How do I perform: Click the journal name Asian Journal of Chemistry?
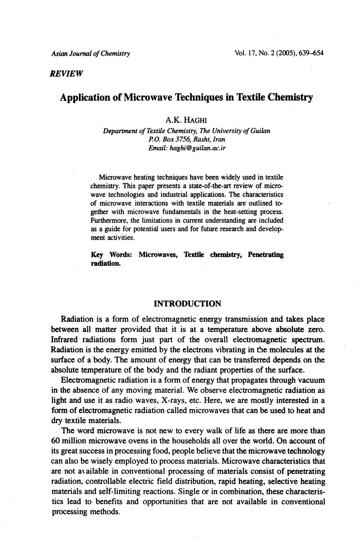pos(90,53)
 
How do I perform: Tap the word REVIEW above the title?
pos(67,74)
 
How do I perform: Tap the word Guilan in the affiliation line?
pos(259,131)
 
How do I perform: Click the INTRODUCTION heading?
pos(188,304)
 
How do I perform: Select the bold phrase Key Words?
pos(111,255)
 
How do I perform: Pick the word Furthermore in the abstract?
pos(108,220)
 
